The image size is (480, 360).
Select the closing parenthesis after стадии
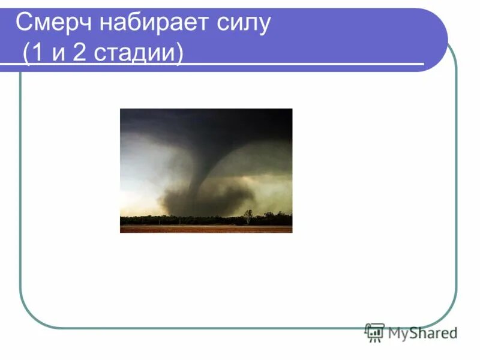click(x=178, y=54)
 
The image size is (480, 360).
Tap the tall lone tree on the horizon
click(x=248, y=215)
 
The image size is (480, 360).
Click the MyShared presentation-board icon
click(x=374, y=332)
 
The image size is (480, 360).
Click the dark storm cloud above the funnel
click(x=204, y=123)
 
